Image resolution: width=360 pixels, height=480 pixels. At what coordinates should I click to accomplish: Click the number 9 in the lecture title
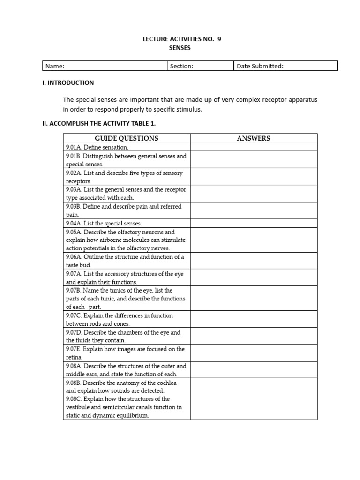[219, 39]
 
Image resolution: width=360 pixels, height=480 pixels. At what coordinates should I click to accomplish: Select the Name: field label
[55, 66]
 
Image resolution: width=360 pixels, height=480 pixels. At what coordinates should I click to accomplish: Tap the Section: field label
[181, 66]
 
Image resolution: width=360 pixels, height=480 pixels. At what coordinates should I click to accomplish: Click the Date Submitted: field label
[260, 66]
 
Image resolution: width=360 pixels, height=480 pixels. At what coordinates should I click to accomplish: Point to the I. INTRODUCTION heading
[68, 83]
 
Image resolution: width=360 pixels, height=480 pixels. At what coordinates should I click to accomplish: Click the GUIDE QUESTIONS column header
[127, 138]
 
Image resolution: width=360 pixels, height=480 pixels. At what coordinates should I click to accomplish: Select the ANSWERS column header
[253, 138]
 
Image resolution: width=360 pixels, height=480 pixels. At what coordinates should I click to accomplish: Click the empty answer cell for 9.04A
[253, 224]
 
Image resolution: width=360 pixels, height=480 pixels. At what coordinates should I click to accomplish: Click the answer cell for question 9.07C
[253, 319]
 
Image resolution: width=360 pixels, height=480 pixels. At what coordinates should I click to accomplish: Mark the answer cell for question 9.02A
[253, 177]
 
